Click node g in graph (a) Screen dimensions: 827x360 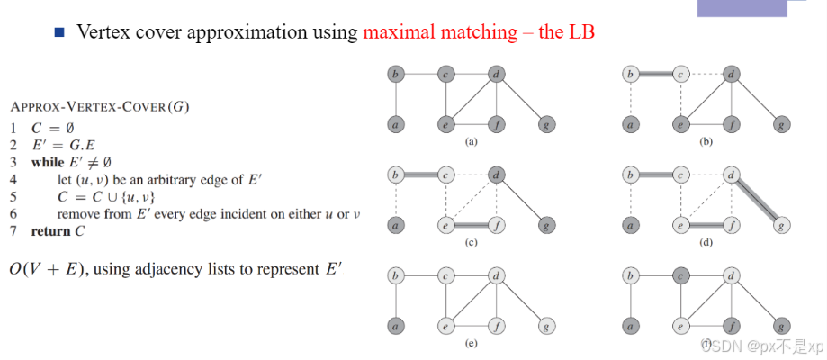point(545,124)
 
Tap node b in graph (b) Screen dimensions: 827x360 point(632,74)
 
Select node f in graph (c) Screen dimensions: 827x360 point(495,224)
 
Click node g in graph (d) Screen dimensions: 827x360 point(782,224)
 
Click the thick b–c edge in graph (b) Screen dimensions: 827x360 point(657,74)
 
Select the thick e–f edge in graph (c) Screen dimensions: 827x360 point(470,224)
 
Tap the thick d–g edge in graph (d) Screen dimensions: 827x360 point(757,199)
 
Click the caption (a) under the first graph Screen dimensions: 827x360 point(470,141)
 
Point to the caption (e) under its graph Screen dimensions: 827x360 point(470,343)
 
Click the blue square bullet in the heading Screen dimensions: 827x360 point(60,31)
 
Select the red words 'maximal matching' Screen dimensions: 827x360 point(438,31)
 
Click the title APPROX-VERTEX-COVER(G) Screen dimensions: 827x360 point(100,106)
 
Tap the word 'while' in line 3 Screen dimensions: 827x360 point(48,163)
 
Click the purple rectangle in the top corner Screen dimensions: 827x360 point(754,8)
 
